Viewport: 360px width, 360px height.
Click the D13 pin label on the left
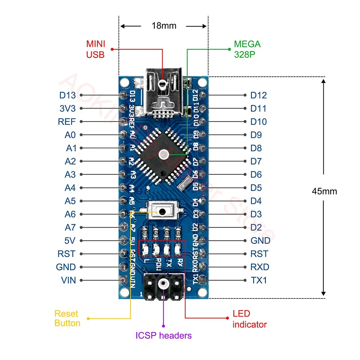(x=67, y=95)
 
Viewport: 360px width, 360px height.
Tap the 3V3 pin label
(x=67, y=108)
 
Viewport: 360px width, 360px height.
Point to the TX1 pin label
(x=258, y=280)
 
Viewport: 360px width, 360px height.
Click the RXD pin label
(x=260, y=267)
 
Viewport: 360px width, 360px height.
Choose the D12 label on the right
(x=258, y=95)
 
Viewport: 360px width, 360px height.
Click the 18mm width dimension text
(x=164, y=26)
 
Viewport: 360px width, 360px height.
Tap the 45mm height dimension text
(x=324, y=191)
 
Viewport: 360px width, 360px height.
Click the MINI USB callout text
(x=95, y=49)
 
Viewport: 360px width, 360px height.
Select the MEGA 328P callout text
(x=247, y=49)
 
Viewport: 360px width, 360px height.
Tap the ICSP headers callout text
(x=163, y=336)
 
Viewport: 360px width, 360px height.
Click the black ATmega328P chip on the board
(x=163, y=155)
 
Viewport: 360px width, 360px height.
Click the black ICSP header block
(x=164, y=285)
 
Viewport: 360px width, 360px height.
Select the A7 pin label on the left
(x=70, y=228)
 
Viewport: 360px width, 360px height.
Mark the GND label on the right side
(x=260, y=240)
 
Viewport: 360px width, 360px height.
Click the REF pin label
(x=67, y=122)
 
